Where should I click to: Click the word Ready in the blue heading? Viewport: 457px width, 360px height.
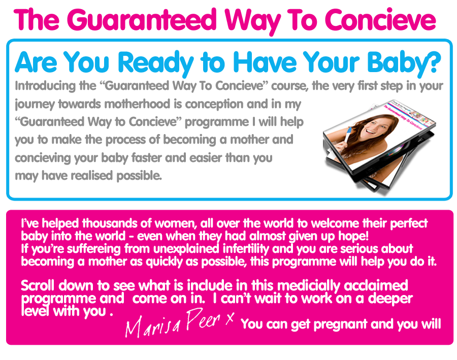coord(156,62)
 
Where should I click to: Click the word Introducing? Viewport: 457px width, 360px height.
coord(45,86)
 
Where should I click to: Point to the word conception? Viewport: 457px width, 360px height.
coord(214,105)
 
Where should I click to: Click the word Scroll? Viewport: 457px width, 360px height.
coord(38,285)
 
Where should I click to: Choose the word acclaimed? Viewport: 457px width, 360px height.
coord(376,285)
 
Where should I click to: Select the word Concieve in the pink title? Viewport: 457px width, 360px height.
coord(380,20)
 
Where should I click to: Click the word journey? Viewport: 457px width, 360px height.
coord(35,105)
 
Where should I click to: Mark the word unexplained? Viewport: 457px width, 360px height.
coord(186,249)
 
